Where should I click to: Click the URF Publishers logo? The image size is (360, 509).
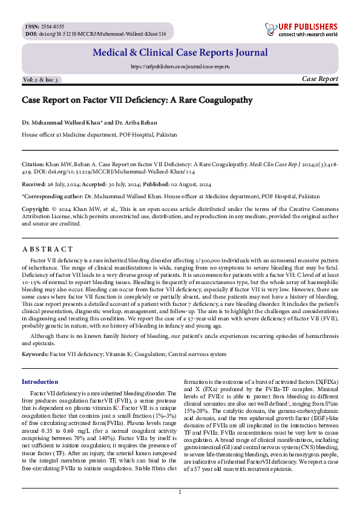pyautogui.click(x=301, y=30)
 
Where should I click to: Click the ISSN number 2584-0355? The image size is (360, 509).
pyautogui.click(x=51, y=27)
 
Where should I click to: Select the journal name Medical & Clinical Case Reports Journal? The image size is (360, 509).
pyautogui.click(x=180, y=53)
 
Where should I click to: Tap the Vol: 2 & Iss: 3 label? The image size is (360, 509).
pyautogui.click(x=41, y=80)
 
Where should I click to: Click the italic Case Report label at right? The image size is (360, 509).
pyautogui.click(x=319, y=79)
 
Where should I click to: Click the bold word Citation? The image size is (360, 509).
pyautogui.click(x=33, y=163)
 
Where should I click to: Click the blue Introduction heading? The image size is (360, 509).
pyautogui.click(x=40, y=381)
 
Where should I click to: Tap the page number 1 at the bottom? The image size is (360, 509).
pyautogui.click(x=180, y=493)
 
